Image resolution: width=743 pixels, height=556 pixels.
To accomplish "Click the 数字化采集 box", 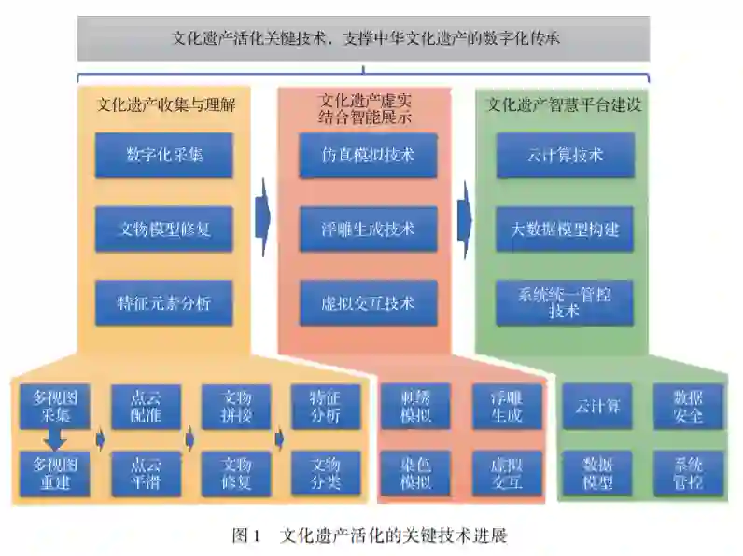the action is pos(163,156).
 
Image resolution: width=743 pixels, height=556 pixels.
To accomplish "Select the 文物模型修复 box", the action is pos(163,229).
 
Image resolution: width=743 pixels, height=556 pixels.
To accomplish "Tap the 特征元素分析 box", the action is pos(163,303).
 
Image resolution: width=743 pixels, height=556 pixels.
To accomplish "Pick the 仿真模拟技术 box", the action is pos(368,156).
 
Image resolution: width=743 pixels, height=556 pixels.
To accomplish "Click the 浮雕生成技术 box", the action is pos(368,229).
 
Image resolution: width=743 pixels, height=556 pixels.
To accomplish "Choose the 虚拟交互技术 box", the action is pos(368,303).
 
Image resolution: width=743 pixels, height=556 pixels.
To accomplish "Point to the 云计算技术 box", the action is pos(565,156).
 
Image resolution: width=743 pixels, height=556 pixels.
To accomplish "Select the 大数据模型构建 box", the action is pos(565,229).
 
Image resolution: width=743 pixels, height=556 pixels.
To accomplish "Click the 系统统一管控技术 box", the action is pos(565,303).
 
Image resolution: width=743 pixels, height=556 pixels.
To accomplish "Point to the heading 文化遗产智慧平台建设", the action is pos(565,105).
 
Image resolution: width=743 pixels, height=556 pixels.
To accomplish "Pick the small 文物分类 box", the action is pos(326,473).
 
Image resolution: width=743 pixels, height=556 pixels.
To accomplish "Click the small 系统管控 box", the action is pos(688,473).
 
